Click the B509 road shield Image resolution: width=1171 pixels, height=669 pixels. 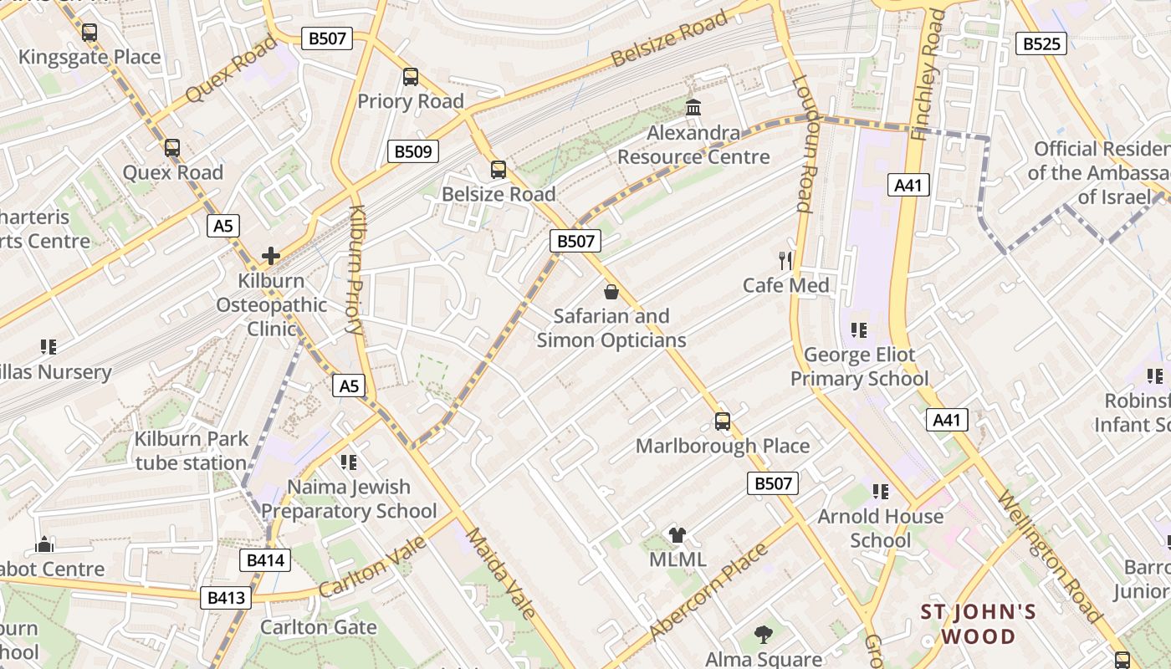[x=413, y=151]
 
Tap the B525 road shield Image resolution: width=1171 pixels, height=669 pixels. [x=1041, y=43]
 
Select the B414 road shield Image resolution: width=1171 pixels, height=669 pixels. [x=265, y=560]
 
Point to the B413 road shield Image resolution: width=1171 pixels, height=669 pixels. [x=226, y=597]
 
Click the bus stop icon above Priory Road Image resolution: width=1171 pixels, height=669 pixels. [x=410, y=77]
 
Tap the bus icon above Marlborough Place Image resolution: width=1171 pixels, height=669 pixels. [x=723, y=421]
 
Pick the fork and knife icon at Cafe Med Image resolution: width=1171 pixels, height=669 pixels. [x=785, y=261]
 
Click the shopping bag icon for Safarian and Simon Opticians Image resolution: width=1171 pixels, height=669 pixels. [x=611, y=292]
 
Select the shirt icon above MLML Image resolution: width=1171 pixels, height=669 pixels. [x=678, y=535]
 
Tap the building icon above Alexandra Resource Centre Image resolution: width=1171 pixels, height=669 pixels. [x=693, y=108]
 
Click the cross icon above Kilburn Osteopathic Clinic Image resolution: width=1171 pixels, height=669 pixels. [x=270, y=256]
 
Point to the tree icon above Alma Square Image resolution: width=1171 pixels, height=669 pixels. [x=763, y=635]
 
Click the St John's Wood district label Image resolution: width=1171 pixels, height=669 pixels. [x=979, y=624]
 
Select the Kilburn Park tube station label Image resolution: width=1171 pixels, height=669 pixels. [x=192, y=451]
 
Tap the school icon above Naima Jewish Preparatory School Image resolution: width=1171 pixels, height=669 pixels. [x=349, y=462]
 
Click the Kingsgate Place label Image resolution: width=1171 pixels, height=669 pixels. [x=89, y=57]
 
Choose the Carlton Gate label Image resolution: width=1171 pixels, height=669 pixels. [x=318, y=627]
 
